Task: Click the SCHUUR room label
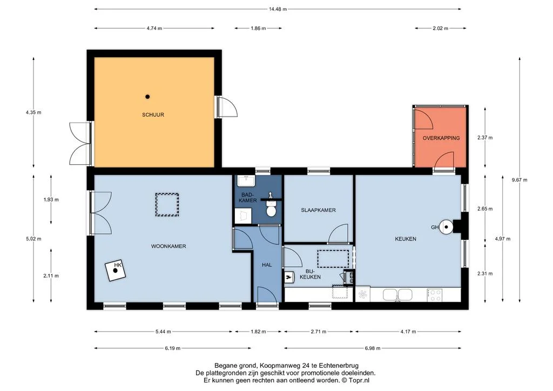(153, 114)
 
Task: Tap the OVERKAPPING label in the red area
(441, 138)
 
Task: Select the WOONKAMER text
(168, 246)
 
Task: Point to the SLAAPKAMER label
(319, 210)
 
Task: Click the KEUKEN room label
(406, 239)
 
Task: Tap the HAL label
(267, 265)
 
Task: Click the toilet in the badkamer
(271, 208)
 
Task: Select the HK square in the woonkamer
(116, 271)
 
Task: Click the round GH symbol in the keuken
(446, 227)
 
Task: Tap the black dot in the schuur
(148, 97)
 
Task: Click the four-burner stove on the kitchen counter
(435, 295)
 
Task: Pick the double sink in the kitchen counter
(397, 295)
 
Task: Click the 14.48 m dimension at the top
(278, 9)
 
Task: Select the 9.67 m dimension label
(520, 180)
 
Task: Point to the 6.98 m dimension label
(373, 348)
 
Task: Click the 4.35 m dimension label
(33, 112)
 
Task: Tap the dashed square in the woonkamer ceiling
(167, 205)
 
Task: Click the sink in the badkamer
(245, 181)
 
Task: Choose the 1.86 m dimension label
(258, 28)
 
